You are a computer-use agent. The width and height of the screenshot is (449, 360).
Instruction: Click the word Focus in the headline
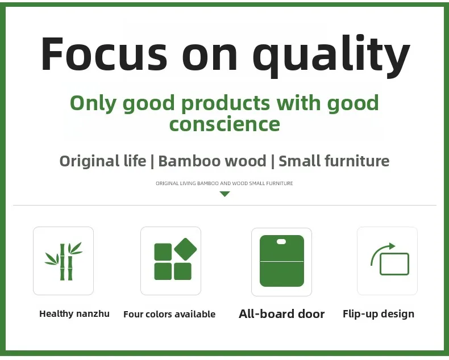tap(104, 53)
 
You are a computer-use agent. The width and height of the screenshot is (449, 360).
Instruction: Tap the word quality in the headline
tap(331, 56)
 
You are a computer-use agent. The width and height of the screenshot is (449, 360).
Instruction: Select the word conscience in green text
tap(224, 124)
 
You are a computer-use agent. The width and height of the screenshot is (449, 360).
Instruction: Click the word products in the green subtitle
tap(226, 103)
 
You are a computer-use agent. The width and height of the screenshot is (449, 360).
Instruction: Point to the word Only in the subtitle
tap(93, 103)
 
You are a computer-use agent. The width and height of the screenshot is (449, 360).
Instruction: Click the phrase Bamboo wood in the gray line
tap(212, 161)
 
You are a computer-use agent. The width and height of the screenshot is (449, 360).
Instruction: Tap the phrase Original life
tap(102, 161)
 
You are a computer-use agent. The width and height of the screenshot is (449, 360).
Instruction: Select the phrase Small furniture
tap(334, 161)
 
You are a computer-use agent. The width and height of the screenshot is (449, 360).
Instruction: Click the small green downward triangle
tap(225, 194)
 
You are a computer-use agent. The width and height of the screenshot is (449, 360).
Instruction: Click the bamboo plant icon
tap(64, 261)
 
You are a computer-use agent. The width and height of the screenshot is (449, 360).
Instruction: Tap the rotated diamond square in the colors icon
tap(185, 249)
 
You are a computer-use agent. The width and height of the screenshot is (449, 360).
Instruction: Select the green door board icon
tap(282, 261)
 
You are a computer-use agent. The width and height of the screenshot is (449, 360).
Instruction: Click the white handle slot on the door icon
tap(281, 242)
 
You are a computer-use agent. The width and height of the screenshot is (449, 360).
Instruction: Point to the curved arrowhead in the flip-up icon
tap(392, 246)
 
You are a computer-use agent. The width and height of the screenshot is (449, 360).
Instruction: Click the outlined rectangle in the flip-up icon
tap(394, 264)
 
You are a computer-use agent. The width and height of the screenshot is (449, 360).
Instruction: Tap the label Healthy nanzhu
tap(74, 314)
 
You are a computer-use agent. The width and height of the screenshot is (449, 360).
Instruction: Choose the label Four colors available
tap(169, 314)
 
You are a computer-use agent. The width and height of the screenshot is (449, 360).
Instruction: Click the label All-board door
tap(282, 314)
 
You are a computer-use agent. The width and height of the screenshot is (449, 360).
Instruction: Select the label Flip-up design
tap(379, 314)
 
